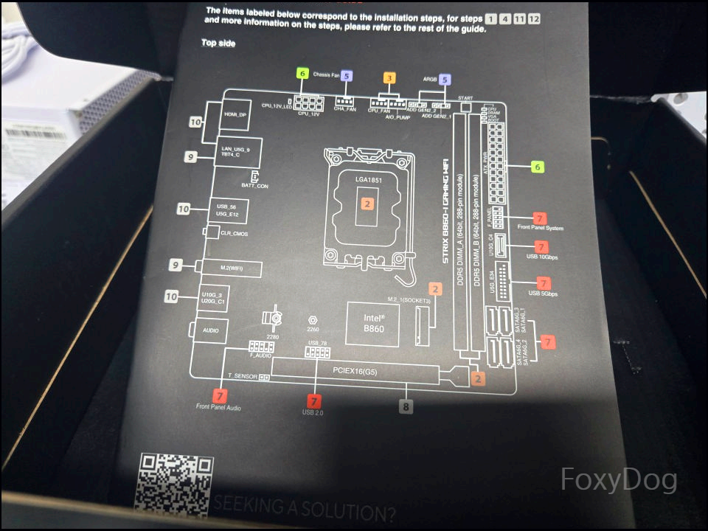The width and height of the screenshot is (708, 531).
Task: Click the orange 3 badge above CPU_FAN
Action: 389,77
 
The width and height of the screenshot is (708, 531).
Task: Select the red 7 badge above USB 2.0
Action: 314,400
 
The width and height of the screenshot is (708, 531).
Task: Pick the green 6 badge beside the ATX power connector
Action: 538,167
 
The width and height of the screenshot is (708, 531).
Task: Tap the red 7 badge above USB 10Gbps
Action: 542,247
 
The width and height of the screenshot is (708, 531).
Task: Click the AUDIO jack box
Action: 210,330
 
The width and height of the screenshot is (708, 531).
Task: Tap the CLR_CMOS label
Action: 235,233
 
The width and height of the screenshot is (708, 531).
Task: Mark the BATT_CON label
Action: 254,187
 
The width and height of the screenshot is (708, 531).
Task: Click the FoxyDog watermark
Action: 619,480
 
